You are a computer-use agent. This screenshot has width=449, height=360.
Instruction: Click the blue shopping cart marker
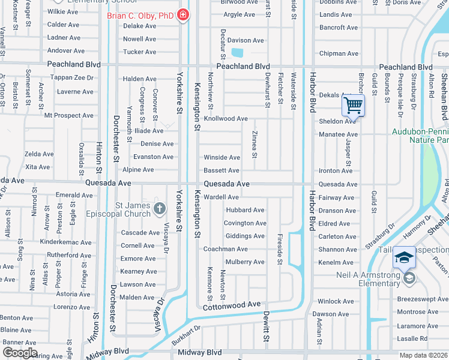tap(354, 106)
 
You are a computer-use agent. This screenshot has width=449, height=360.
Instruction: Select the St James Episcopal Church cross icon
tap(159, 209)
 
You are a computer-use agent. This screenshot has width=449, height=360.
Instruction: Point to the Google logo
tap(20, 353)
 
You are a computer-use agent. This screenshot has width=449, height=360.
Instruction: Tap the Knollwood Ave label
tap(226, 119)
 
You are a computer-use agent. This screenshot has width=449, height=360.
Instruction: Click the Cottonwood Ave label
tap(232, 305)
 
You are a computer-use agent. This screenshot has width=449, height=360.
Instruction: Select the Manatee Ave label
tap(338, 134)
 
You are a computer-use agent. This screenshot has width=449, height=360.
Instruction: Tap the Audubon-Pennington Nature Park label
tap(420, 135)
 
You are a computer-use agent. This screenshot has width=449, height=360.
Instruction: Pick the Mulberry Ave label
tap(245, 262)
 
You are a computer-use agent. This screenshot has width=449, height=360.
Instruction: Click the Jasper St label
tap(348, 154)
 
